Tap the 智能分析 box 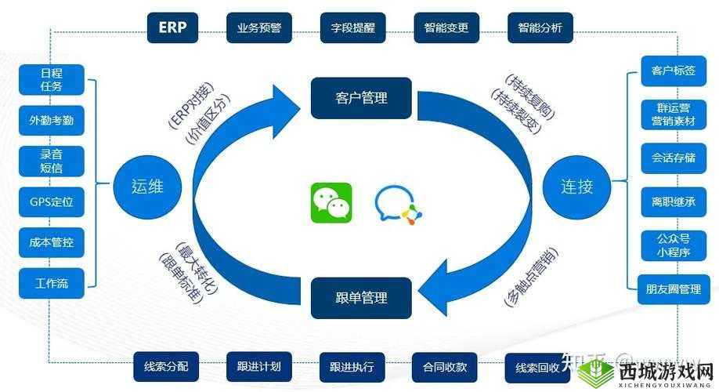point(540,27)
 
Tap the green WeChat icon point(331,202)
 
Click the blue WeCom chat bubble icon point(397,204)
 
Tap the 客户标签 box point(668,71)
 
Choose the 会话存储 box point(668,158)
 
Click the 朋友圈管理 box point(668,289)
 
